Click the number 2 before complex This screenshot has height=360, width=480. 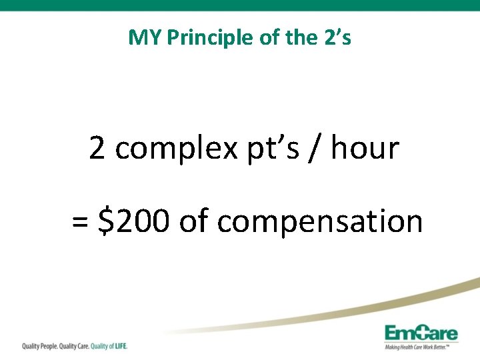click(97, 148)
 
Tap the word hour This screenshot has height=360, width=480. click(365, 148)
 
